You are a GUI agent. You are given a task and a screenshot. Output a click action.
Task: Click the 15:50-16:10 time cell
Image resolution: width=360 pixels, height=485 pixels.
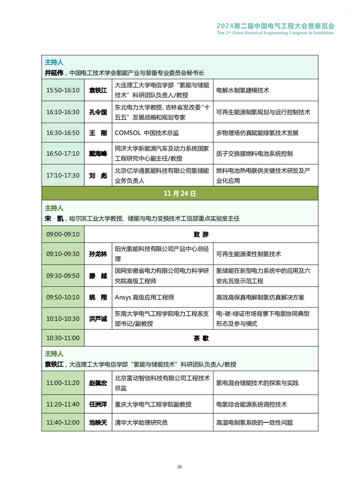pyautogui.click(x=63, y=90)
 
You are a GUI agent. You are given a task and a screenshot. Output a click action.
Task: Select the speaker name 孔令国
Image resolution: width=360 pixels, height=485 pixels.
pyautogui.click(x=98, y=112)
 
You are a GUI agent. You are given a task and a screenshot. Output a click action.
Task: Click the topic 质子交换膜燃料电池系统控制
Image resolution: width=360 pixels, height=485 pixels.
pyautogui.click(x=254, y=154)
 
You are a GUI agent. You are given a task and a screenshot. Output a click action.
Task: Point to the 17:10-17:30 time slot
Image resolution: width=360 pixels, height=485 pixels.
pyautogui.click(x=63, y=175)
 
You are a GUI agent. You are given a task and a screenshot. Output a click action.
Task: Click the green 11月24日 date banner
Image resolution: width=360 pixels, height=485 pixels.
pyautogui.click(x=180, y=193)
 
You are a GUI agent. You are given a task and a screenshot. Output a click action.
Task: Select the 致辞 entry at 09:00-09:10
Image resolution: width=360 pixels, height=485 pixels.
pyautogui.click(x=201, y=234)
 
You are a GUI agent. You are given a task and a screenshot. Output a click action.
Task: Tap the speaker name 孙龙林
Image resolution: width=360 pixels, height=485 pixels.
pyautogui.click(x=98, y=254)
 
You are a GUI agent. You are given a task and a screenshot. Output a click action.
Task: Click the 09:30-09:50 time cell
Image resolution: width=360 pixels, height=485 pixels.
pyautogui.click(x=63, y=275)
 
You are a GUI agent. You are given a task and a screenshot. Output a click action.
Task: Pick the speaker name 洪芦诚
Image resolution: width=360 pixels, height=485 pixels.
pyautogui.click(x=98, y=318)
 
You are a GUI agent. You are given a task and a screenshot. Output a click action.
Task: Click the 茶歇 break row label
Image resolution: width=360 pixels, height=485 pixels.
pyautogui.click(x=201, y=338)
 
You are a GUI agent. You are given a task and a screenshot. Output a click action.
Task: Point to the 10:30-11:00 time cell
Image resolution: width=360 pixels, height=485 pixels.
pyautogui.click(x=63, y=338)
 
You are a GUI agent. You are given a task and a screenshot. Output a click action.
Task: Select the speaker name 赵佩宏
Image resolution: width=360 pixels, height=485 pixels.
pyautogui.click(x=98, y=383)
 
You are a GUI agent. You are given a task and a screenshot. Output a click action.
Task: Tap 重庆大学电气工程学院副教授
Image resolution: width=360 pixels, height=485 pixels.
pyautogui.click(x=153, y=404)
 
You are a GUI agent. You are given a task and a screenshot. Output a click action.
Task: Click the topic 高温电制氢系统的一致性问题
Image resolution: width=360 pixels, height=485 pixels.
pyautogui.click(x=254, y=422)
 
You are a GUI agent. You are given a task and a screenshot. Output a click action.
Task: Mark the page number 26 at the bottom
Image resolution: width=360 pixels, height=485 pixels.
pyautogui.click(x=180, y=467)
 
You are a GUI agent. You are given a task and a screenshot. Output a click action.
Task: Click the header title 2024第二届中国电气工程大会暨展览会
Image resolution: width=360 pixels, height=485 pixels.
pyautogui.click(x=275, y=25)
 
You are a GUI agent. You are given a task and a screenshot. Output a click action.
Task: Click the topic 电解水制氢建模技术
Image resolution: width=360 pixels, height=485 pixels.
pyautogui.click(x=242, y=90)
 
